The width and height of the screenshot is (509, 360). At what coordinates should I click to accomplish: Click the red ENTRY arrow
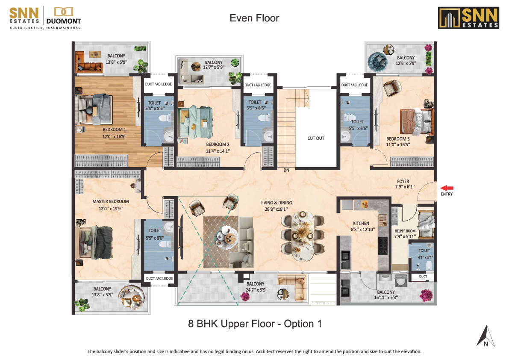point(447,188)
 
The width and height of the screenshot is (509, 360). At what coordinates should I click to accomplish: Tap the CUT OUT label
point(316,138)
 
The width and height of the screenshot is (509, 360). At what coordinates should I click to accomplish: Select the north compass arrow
point(485,336)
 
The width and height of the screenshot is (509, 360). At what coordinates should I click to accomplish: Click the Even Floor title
point(254,18)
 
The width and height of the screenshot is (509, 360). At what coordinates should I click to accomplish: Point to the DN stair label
point(286,170)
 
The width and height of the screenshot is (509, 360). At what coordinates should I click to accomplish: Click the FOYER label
point(403,181)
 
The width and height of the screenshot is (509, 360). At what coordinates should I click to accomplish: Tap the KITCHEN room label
point(361,223)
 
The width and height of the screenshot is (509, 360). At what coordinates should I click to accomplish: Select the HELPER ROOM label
point(405,231)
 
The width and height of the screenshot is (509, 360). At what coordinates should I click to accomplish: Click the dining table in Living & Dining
point(303,236)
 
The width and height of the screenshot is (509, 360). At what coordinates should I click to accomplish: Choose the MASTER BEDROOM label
point(111,201)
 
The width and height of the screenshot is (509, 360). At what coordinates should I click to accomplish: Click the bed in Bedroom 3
point(417,122)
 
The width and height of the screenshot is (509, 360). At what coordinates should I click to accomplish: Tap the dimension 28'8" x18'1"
point(276,209)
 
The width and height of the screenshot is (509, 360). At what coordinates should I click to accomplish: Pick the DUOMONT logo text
point(64,21)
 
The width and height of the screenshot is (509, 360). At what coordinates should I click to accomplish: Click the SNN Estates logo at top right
point(468,18)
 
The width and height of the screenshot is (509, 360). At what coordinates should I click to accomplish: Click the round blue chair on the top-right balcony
point(377,61)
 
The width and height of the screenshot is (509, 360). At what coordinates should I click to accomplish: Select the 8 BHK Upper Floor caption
point(255,324)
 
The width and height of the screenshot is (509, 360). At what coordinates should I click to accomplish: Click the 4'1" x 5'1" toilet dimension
point(425,257)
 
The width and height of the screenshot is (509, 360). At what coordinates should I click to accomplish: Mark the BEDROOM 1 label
point(114,130)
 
